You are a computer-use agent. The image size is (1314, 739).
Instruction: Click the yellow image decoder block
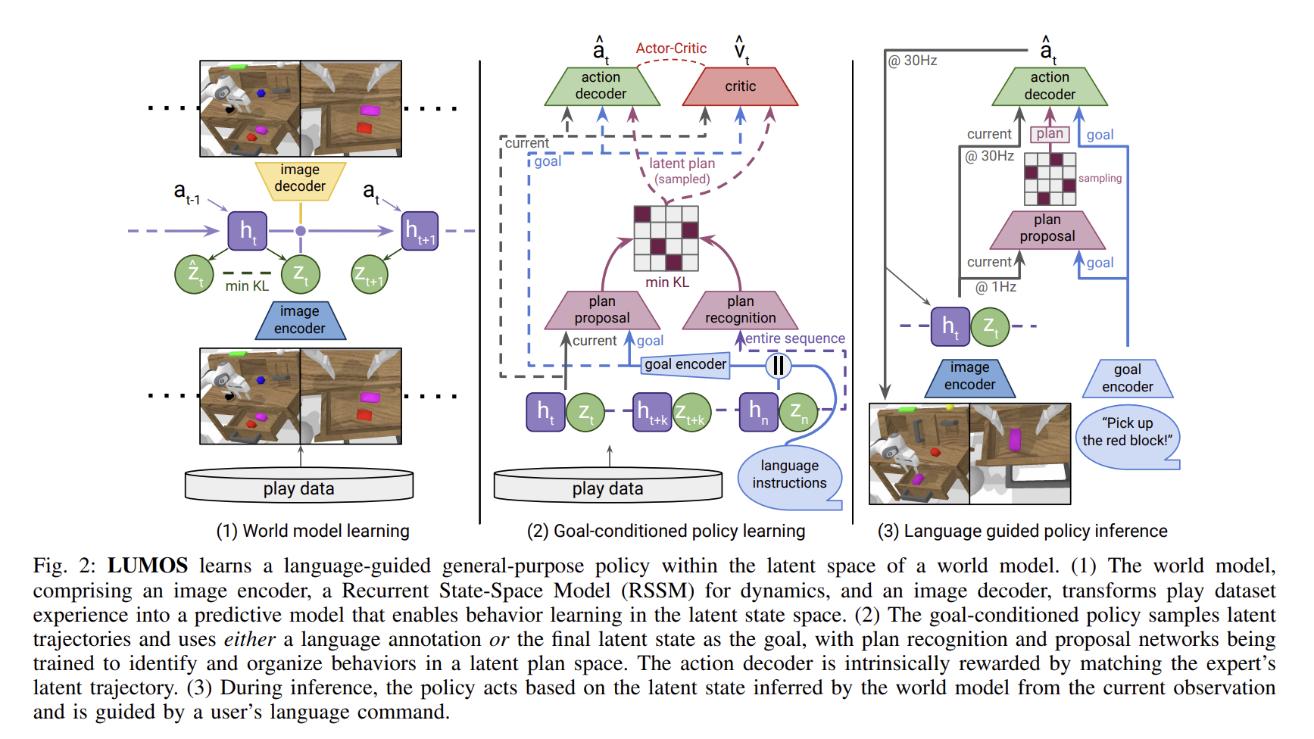(x=300, y=180)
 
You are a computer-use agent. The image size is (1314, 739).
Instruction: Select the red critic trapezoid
(x=740, y=86)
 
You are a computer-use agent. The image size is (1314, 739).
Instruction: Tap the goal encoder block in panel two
(x=685, y=364)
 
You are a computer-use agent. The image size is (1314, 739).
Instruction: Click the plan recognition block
(x=740, y=310)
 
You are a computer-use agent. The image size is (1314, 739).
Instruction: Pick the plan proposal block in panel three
(x=1047, y=229)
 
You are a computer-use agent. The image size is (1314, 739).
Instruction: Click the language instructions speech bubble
(x=789, y=475)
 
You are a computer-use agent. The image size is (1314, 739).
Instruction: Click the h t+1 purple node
(x=420, y=231)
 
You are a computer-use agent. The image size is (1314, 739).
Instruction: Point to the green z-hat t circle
(x=194, y=274)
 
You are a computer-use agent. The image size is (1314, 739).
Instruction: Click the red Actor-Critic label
(x=671, y=48)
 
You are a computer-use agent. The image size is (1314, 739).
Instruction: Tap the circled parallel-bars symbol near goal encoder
(x=778, y=366)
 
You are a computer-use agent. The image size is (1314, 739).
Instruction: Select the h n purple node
(x=758, y=412)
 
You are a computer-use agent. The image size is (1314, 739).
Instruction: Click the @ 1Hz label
(x=995, y=287)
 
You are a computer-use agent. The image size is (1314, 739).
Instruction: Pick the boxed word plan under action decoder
(x=1050, y=134)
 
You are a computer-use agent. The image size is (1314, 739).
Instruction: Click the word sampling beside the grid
(x=1100, y=179)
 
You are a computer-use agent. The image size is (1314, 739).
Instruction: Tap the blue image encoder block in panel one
(x=300, y=320)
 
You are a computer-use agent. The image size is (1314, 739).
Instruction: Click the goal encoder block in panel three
(x=1127, y=379)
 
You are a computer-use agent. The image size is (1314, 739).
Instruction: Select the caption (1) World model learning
(x=313, y=531)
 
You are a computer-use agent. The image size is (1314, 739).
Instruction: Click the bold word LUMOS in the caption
(x=147, y=566)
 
